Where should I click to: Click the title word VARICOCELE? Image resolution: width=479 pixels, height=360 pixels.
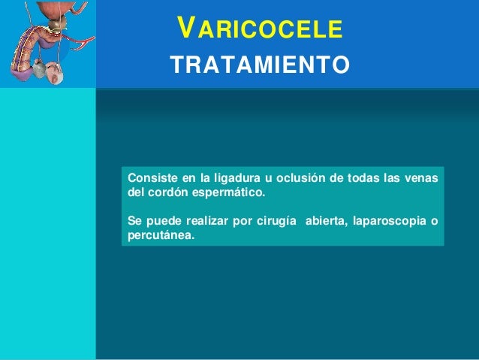pos(260,30)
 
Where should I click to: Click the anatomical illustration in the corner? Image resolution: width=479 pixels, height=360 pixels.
pos(47,44)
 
